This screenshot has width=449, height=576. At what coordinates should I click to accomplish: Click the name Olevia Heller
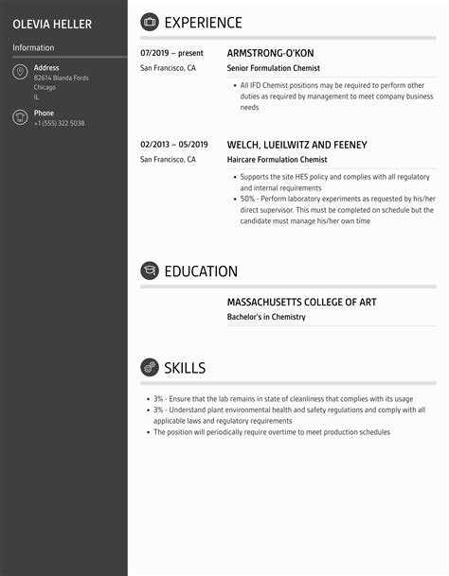click(x=52, y=23)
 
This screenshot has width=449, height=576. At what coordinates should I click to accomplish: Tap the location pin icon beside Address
click(x=20, y=73)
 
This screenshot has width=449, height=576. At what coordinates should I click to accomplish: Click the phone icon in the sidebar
click(x=20, y=117)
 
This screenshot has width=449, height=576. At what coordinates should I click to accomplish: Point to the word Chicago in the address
click(x=45, y=87)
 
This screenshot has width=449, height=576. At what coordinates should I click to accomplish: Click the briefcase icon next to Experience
click(x=150, y=23)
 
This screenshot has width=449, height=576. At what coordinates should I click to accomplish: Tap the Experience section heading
click(x=203, y=23)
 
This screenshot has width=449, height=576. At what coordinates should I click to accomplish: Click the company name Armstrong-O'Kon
click(x=270, y=54)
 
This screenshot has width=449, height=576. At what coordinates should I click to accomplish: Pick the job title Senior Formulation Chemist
click(x=274, y=69)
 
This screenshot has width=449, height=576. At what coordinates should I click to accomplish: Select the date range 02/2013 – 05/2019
click(x=174, y=145)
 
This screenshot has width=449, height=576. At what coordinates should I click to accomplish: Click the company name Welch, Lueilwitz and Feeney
click(x=296, y=145)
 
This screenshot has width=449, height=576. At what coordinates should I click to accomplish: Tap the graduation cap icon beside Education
click(x=150, y=271)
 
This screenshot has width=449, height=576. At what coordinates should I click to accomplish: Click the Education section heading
click(x=201, y=271)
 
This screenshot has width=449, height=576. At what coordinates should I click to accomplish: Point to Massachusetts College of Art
click(x=302, y=303)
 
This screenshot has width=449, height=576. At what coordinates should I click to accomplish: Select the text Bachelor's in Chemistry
click(x=266, y=318)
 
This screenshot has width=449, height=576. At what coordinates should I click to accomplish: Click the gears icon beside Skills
click(x=150, y=368)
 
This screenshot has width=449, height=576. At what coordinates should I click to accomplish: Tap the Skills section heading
click(x=185, y=368)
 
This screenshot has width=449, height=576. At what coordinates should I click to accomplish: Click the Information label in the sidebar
click(x=33, y=47)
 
